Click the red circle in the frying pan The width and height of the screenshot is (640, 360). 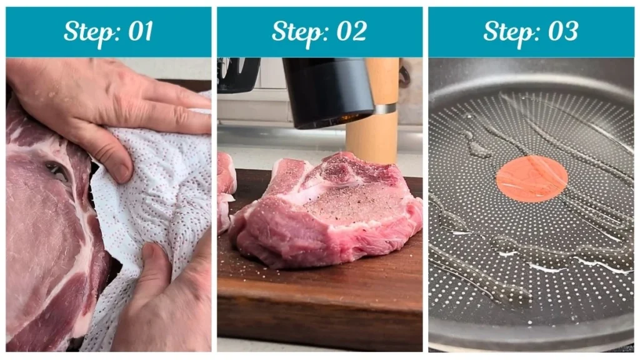pos(531,179)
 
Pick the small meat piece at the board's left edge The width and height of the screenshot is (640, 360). pos(226,187)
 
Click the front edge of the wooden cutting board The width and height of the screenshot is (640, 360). pos(319,325)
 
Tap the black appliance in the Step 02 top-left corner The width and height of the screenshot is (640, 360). pos(238,74)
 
